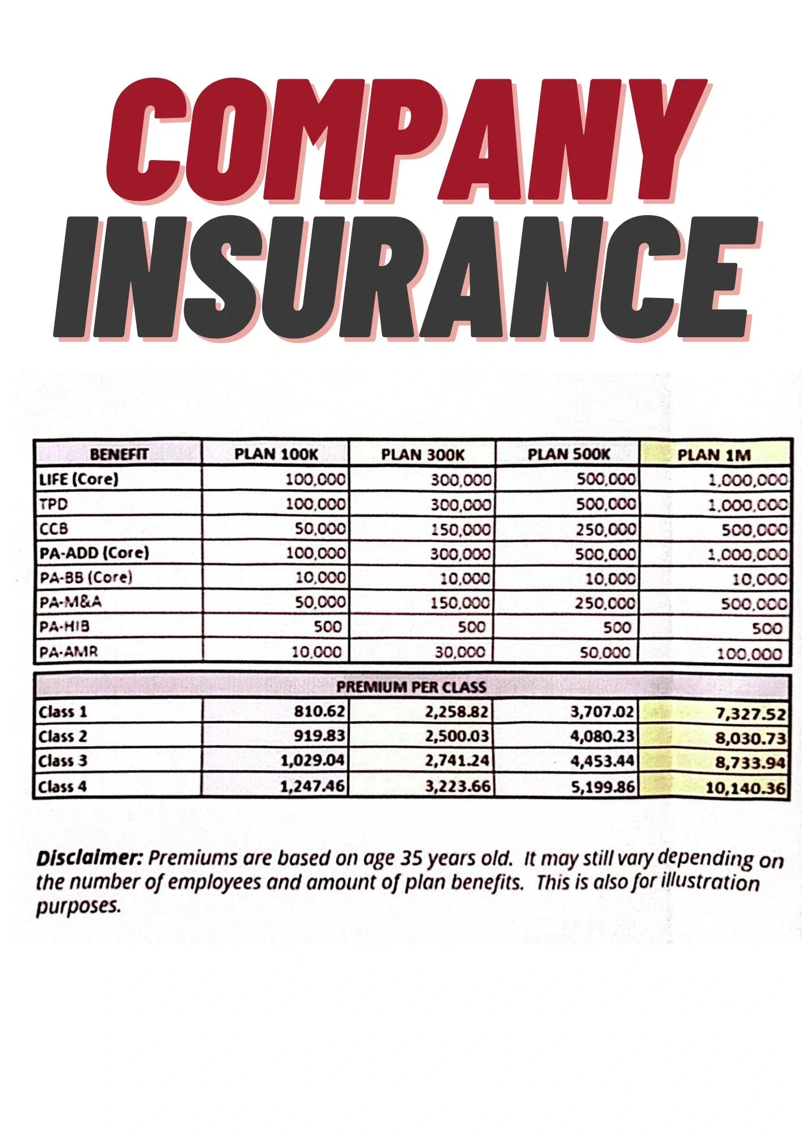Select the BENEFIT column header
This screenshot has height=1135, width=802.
tap(119, 454)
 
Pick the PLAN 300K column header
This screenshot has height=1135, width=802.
tap(423, 455)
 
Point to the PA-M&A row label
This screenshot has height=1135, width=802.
tap(70, 602)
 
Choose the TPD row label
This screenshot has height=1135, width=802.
tap(53, 504)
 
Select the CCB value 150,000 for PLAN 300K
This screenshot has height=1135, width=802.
tap(461, 529)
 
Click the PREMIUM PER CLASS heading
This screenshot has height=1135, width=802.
tap(411, 687)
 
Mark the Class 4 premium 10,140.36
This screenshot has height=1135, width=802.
tap(745, 788)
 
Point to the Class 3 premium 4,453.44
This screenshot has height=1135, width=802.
tap(602, 760)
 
